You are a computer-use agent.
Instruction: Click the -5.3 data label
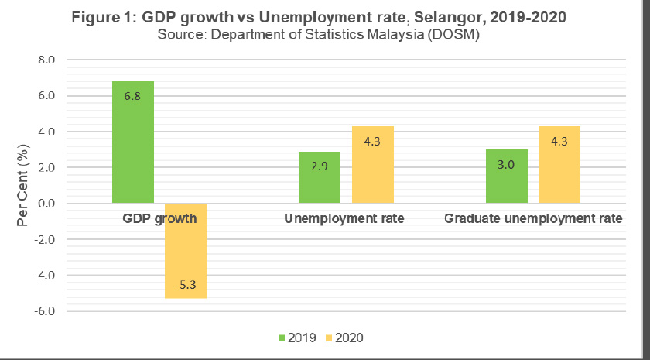click(185, 284)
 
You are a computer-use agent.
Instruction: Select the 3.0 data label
click(506, 164)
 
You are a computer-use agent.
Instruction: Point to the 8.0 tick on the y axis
click(46, 60)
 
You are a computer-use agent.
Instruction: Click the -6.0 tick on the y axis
click(45, 311)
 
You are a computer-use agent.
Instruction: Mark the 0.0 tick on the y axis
click(46, 204)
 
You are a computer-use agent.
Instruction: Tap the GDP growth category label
click(159, 219)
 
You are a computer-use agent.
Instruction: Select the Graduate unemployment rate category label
click(533, 219)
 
